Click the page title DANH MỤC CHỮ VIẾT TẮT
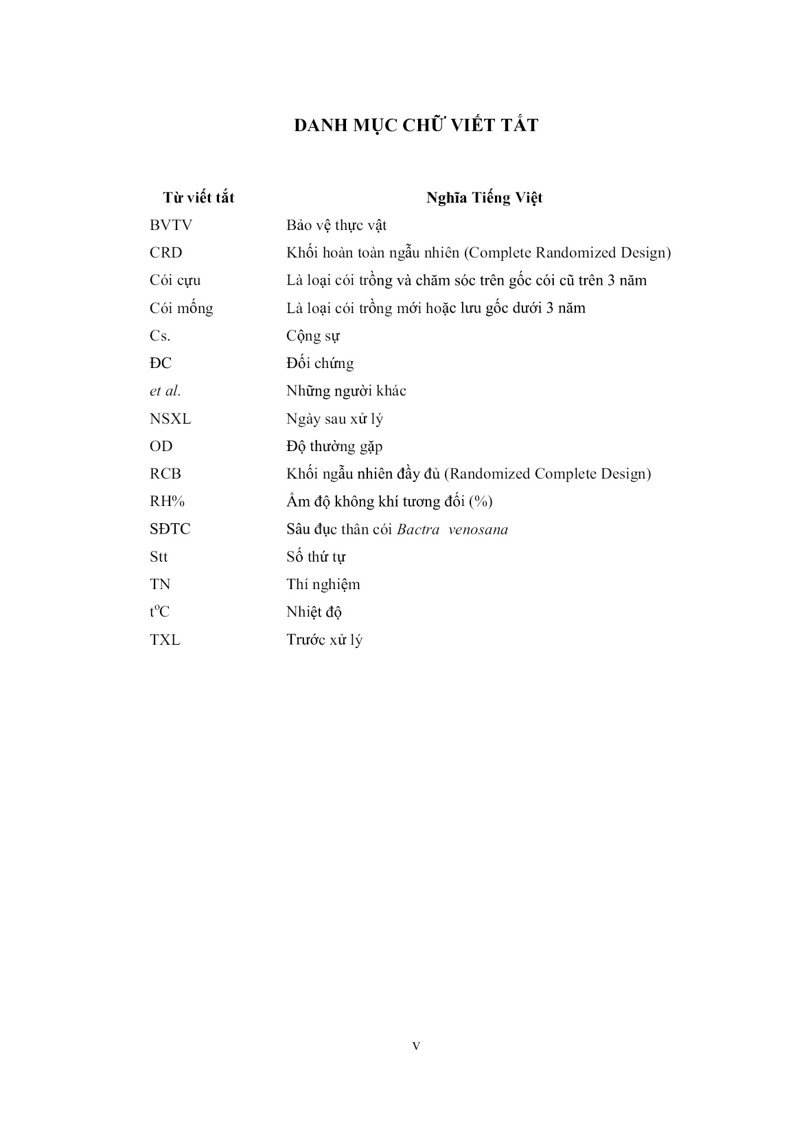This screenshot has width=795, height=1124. [x=416, y=126]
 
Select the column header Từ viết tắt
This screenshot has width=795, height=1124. [x=198, y=198]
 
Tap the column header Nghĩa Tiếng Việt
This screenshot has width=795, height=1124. [x=484, y=198]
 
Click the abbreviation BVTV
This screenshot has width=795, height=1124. [x=171, y=225]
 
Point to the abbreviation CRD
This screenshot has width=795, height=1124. [x=166, y=253]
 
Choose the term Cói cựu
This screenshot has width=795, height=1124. [x=175, y=281]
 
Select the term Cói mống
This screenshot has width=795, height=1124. [x=181, y=308]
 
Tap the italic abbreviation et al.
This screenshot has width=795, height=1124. [x=165, y=391]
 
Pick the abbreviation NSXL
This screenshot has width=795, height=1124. [x=170, y=419]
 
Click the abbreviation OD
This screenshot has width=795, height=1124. [x=161, y=446]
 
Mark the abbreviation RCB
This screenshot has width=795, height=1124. [x=165, y=474]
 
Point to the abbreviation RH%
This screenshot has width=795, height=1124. [x=168, y=501]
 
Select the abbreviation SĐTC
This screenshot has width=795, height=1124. [x=170, y=529]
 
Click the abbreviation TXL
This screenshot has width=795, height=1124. [x=165, y=640]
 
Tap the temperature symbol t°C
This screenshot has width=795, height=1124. [x=159, y=612]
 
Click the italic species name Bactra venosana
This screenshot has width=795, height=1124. [x=452, y=529]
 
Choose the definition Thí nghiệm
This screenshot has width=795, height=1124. [x=323, y=584]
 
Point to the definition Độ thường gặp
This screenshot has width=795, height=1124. [x=334, y=446]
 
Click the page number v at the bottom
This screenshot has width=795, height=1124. [x=416, y=1046]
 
